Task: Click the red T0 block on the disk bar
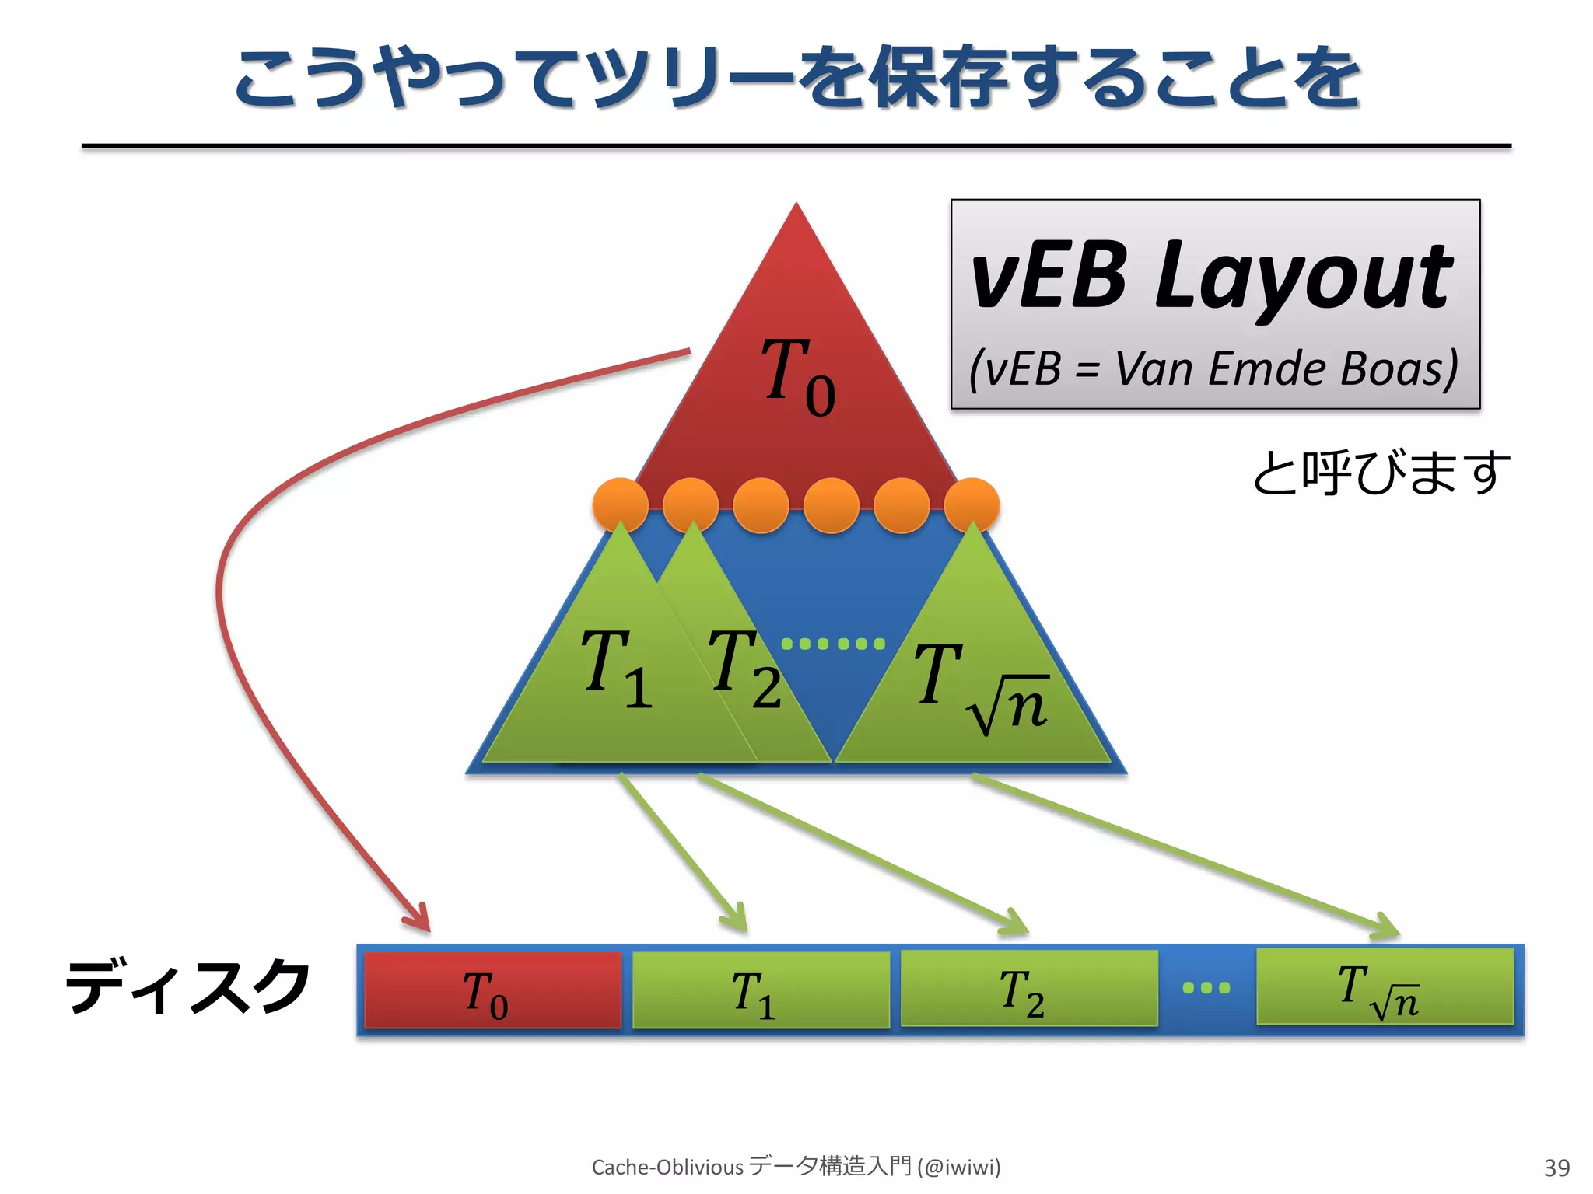pos(492,990)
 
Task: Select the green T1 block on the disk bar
pos(761,990)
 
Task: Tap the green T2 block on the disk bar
pos(1028,989)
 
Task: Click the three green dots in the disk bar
pos(1206,988)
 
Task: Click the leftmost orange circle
pos(620,506)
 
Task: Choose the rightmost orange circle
pos(972,506)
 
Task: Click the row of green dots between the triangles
pos(833,644)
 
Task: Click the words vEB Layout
pos(1212,276)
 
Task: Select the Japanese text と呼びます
pos(1381,473)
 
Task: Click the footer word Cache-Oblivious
pos(667,1167)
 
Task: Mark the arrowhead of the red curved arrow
pos(418,920)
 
